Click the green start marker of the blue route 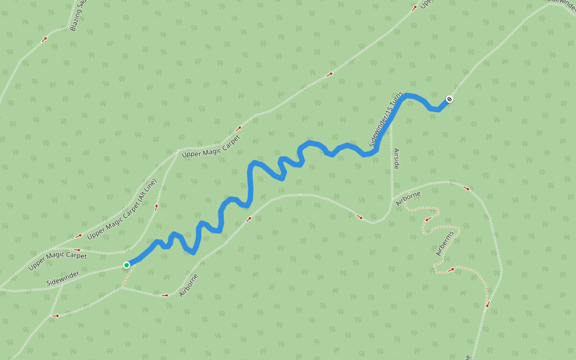[x=127, y=265]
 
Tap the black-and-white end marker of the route [x=449, y=99]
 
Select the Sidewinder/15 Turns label [x=386, y=120]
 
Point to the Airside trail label [x=396, y=158]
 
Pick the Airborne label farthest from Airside [x=188, y=285]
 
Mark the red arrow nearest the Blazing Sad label [x=44, y=40]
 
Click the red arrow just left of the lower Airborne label [x=165, y=295]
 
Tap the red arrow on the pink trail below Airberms [x=451, y=270]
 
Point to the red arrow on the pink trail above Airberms [x=427, y=220]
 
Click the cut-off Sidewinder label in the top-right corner [x=560, y=2]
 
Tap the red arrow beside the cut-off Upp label [x=414, y=8]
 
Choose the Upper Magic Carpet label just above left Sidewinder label [x=57, y=260]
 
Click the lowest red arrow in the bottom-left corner [x=56, y=315]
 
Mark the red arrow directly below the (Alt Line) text [x=157, y=206]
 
